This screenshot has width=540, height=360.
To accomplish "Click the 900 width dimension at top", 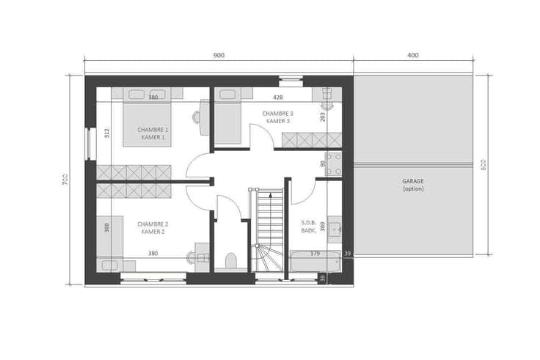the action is [219, 56].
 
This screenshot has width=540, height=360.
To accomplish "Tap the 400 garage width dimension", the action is [413, 55].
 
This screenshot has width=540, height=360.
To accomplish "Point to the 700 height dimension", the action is [65, 180].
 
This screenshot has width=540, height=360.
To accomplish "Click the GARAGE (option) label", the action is [413, 185].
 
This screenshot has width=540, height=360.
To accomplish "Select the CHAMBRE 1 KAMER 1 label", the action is [153, 133].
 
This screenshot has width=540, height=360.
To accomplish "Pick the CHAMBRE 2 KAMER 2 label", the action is [153, 228].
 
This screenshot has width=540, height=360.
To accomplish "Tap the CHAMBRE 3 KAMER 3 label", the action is [277, 117].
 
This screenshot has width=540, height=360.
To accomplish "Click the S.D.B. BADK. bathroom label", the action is [309, 227].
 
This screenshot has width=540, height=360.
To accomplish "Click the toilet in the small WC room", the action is [230, 260].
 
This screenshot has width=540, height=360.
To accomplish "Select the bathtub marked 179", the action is [315, 261].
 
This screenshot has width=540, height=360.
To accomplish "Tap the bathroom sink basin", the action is [334, 229].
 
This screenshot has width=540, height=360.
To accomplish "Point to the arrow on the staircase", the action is [271, 221].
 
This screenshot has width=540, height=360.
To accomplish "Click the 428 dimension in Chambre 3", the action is [277, 98].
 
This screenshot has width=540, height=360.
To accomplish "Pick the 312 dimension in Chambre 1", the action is [107, 133].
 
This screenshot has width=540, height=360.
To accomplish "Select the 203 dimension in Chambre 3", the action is [323, 117].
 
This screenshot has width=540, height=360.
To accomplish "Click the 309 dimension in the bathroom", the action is [323, 226].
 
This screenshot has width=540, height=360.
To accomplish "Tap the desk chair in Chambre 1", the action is [196, 117].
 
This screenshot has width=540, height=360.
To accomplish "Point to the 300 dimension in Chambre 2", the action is [107, 227].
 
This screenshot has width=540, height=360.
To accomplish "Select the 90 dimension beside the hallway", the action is [323, 164].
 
